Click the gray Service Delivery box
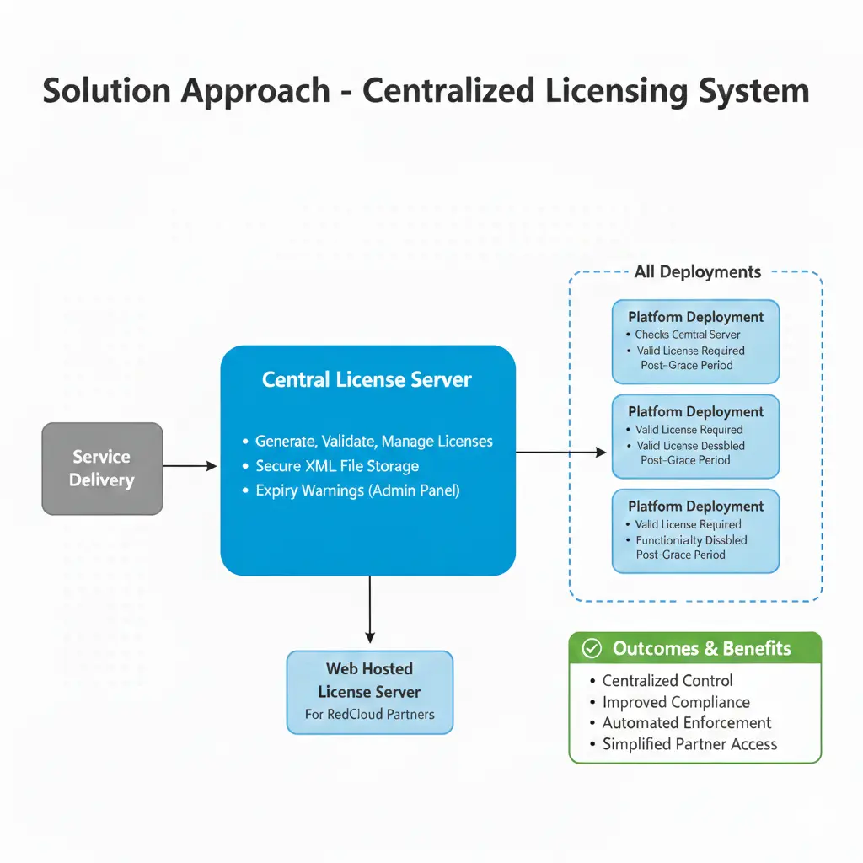click(x=102, y=469)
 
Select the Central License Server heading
click(x=367, y=379)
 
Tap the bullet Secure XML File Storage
click(x=336, y=465)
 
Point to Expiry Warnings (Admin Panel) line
click(x=357, y=490)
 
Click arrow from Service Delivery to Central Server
click(x=190, y=465)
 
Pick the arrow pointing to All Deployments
click(x=560, y=453)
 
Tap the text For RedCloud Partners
click(x=369, y=715)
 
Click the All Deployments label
click(x=698, y=271)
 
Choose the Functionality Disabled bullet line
click(x=691, y=540)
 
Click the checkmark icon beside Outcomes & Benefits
click(x=592, y=648)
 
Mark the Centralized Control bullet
click(x=667, y=680)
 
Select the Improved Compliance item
click(x=675, y=702)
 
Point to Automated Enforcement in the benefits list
click(x=686, y=723)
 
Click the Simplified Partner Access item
click(x=689, y=744)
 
